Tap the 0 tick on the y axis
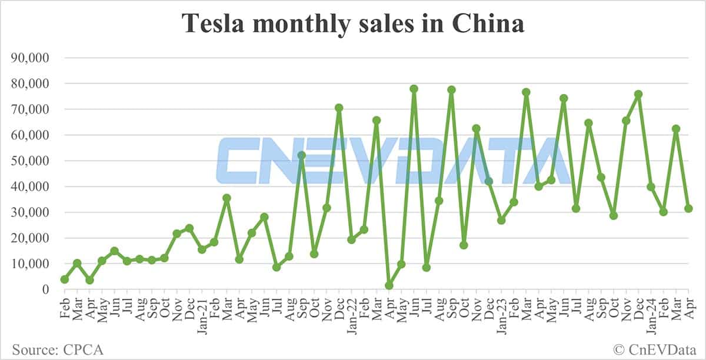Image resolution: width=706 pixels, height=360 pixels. (x=46, y=289)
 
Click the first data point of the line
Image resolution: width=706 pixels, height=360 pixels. (x=64, y=279)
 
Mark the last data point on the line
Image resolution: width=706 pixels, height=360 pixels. (x=688, y=208)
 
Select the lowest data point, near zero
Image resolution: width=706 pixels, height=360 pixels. (x=389, y=285)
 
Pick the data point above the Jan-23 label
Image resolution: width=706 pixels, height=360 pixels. (x=501, y=220)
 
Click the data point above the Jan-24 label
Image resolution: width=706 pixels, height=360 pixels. (x=651, y=187)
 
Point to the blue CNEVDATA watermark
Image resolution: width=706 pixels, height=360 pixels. (x=388, y=160)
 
